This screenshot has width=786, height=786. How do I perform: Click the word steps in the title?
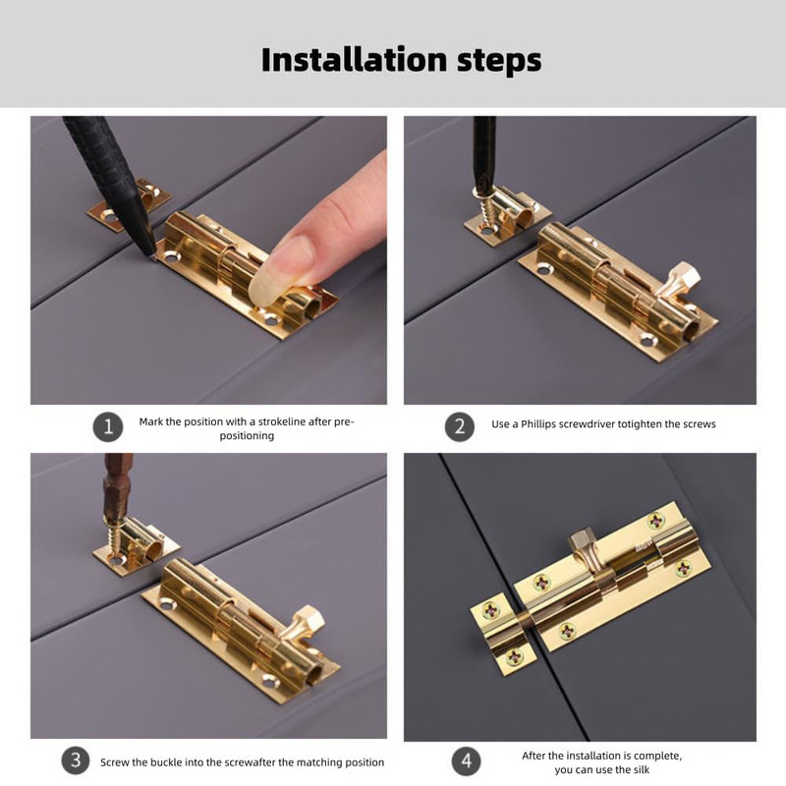pos(499,61)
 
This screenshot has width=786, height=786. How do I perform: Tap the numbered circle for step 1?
pos(108,427)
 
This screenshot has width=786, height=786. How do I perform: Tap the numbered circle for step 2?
pos(460,426)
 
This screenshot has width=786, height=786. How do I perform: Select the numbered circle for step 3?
pos(76,759)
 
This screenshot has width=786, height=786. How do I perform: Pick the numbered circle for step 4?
pos(466,760)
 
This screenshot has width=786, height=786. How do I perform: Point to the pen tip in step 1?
pos(152,257)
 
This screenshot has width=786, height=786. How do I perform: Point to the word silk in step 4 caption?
pos(642,769)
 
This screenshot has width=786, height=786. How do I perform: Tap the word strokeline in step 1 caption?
pos(281,421)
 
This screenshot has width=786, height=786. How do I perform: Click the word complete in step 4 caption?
pos(658,756)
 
